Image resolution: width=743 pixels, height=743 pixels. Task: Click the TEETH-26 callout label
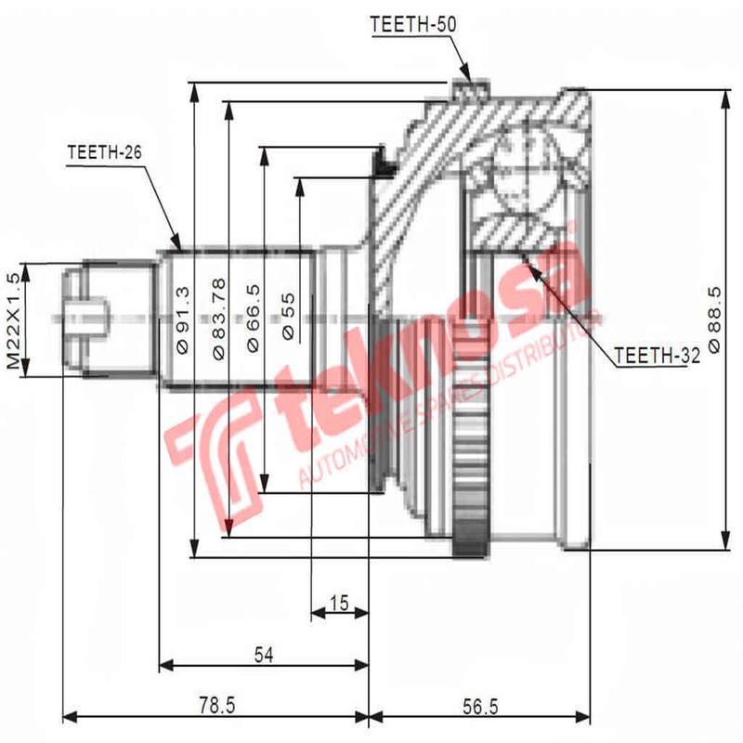point(104,152)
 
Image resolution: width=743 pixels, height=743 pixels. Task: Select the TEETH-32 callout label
point(656,355)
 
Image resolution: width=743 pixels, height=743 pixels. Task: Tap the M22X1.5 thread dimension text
point(13,321)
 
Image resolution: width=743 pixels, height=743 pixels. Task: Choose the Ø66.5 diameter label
point(253,321)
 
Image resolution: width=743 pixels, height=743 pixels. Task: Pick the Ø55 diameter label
point(287,316)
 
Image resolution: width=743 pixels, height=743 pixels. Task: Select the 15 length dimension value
point(339,605)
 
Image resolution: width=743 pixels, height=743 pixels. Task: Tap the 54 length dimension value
point(264,656)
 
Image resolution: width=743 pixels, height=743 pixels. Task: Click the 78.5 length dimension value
point(215,707)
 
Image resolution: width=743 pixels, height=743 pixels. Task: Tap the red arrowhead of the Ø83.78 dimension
point(228,528)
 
